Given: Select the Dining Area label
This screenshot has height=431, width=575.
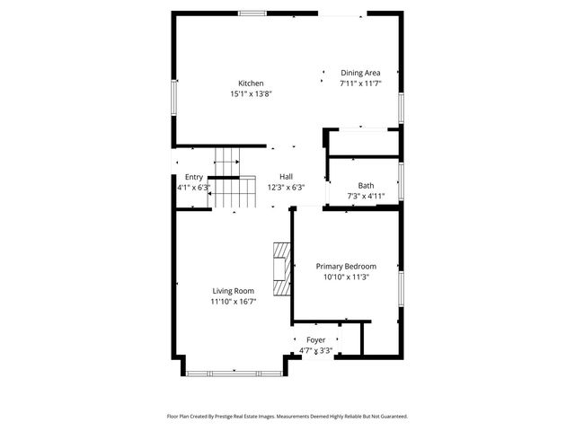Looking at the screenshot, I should point(360,73).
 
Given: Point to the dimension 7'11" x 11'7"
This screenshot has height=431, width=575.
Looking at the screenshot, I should point(360,84).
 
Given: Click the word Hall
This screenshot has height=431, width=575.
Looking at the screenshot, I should point(286,176).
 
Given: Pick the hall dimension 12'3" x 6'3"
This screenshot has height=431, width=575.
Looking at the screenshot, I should point(286,187).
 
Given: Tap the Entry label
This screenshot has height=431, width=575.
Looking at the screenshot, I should point(194,177).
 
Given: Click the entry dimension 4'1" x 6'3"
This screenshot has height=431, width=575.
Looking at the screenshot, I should point(193,188).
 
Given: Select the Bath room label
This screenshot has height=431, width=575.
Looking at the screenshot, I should point(366,185).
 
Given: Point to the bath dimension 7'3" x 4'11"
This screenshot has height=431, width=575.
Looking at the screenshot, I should point(366,196).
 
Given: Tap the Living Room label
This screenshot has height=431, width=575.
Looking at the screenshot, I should point(233,291).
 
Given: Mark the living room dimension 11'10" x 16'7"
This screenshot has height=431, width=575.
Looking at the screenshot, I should point(233,302).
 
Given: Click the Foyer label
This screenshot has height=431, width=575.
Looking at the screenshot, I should point(315,339).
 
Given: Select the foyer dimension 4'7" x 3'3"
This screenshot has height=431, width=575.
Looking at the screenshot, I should point(315,350).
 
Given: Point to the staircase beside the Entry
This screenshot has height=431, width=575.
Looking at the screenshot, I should point(226,180).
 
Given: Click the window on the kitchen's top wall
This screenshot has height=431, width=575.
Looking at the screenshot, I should point(252,13).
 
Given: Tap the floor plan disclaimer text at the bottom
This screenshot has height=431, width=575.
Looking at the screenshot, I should point(287,417).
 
